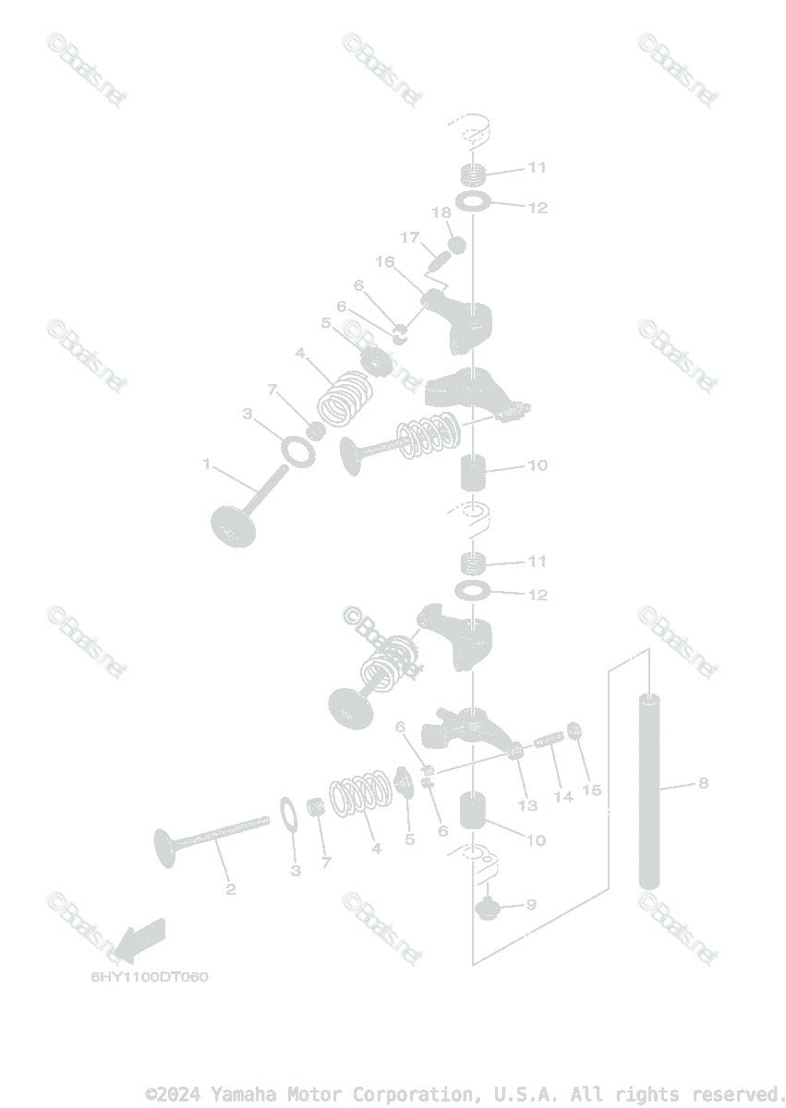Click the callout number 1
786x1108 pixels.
pos(207,463)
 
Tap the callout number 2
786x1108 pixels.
pos(231,889)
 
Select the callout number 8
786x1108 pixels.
pos(704,783)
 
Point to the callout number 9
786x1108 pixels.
pos(531,905)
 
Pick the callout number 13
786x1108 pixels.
pos(527,805)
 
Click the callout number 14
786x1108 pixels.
pos(562,796)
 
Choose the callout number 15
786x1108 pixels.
pos(592,790)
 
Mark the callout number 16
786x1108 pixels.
pos(384,262)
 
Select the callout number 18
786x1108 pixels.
pos(441,213)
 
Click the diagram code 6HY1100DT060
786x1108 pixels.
pos(150,977)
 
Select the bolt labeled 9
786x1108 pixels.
pos(487,909)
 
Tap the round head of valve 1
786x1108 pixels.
pos(232,525)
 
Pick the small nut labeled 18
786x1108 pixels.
pos(455,246)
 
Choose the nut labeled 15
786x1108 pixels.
pos(573,731)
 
